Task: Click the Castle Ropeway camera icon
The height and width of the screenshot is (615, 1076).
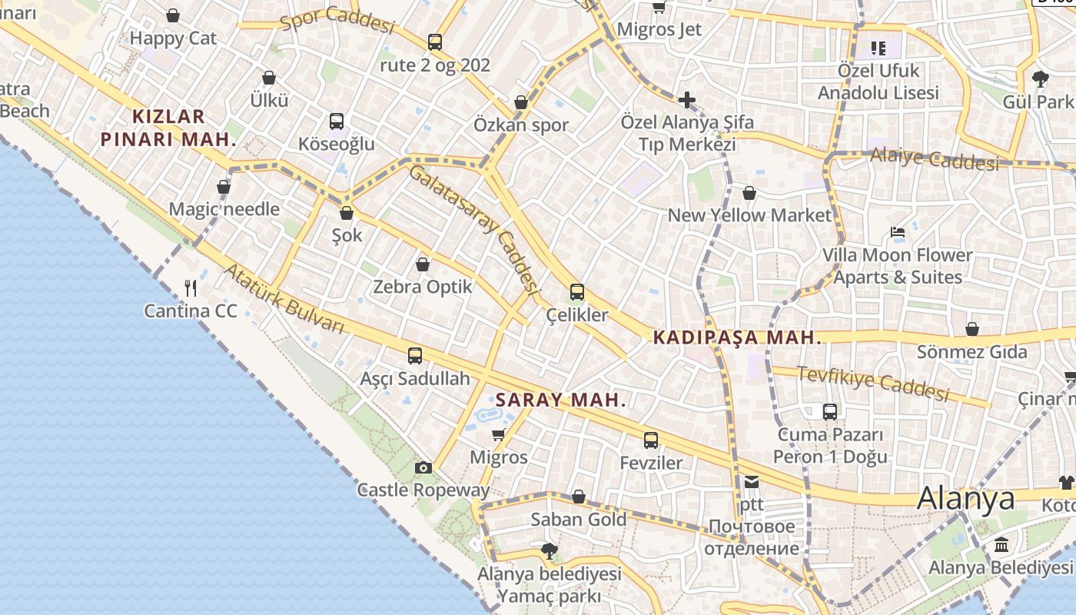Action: pos(423,467)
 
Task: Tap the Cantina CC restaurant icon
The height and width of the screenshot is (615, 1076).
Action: pos(191,288)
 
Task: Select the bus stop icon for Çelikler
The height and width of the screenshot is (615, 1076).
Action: pos(576,292)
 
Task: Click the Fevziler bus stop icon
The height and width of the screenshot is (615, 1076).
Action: pos(651,440)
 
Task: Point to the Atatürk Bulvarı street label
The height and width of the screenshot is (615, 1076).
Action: pos(284,299)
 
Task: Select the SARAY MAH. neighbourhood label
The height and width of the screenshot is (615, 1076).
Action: pos(561,401)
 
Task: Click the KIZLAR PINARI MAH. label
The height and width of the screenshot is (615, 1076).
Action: pos(168,128)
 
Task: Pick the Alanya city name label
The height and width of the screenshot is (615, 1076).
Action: pos(965,498)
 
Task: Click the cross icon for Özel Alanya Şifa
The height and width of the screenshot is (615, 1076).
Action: pos(686,100)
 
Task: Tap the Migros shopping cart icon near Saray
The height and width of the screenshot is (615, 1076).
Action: pos(499,435)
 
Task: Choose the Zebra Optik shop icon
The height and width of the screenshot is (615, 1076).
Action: pos(422,264)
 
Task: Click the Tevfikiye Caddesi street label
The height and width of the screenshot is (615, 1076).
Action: pos(873,383)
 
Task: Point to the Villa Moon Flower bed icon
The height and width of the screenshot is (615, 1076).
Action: pos(897,232)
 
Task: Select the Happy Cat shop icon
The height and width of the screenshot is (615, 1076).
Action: pos(173,15)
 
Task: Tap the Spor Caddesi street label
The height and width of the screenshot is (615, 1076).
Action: pos(337,20)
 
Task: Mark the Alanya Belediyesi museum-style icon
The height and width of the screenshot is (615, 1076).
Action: pos(1001,545)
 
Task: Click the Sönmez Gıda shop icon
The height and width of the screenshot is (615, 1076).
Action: pos(971,330)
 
